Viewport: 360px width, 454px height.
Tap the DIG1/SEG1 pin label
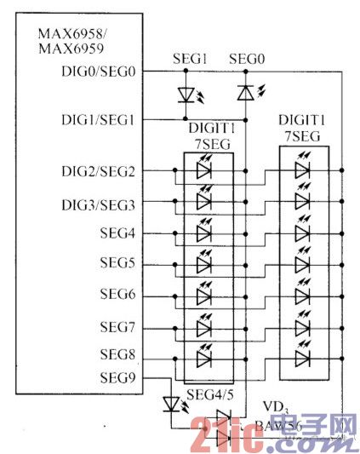(96, 119)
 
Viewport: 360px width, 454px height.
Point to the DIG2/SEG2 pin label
(96, 171)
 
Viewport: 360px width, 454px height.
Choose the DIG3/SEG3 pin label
(96, 204)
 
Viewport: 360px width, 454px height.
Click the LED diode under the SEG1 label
(187, 93)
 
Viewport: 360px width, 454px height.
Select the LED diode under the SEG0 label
(245, 92)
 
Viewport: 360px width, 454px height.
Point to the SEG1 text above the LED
(190, 59)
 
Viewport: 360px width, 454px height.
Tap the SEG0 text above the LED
(247, 59)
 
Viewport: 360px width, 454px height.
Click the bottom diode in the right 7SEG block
(301, 357)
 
